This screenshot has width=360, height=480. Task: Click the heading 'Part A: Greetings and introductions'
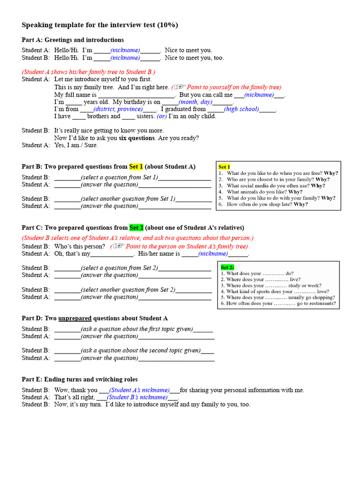coord(73,40)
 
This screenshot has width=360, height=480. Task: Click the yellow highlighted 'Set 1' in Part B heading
coord(136,166)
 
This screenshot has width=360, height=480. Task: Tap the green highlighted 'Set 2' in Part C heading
coord(136,228)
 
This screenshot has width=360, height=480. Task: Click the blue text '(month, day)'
coord(195,102)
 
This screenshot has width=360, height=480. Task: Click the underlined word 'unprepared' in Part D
coord(75,318)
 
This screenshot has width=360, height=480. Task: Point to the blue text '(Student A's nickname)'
coord(139,390)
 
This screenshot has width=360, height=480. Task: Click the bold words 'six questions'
coord(136,138)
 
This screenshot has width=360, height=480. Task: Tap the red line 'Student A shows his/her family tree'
coord(89,72)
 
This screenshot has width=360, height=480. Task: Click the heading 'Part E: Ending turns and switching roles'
coord(80,379)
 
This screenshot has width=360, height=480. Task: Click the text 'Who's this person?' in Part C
coord(80,246)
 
